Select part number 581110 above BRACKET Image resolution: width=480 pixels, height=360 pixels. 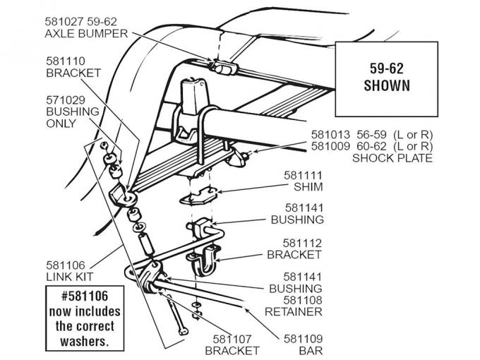(66, 60)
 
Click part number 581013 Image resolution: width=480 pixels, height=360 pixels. (335, 133)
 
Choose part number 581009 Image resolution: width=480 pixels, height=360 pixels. (335, 145)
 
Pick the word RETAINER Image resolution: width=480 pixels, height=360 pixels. (294, 311)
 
